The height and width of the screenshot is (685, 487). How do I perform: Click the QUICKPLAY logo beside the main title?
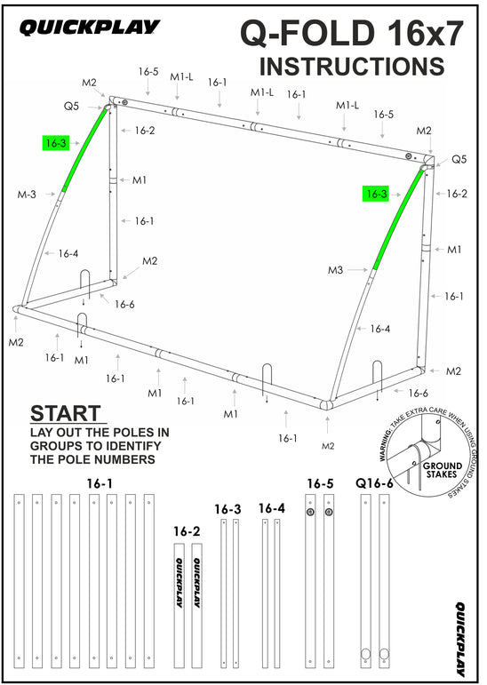90,29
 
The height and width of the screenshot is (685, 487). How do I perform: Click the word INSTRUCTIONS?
351,67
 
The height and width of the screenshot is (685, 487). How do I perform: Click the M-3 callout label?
27,194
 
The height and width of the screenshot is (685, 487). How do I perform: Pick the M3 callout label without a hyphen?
335,270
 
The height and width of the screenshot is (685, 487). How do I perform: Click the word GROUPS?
61,447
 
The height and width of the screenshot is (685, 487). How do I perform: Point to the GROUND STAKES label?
442,470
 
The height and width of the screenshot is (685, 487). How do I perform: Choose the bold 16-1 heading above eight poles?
100,483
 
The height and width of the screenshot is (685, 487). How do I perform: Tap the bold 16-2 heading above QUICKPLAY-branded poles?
186,531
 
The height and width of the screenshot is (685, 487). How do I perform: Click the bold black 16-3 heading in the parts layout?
228,510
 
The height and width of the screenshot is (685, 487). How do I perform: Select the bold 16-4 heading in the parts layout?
272,508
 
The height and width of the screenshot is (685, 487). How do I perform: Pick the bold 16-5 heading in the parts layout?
320,483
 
